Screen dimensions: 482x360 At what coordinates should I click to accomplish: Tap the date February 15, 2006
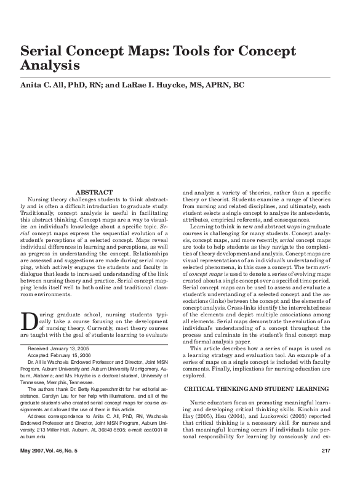[x=76, y=355]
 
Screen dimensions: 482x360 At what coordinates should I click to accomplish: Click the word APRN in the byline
[x=215, y=85]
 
